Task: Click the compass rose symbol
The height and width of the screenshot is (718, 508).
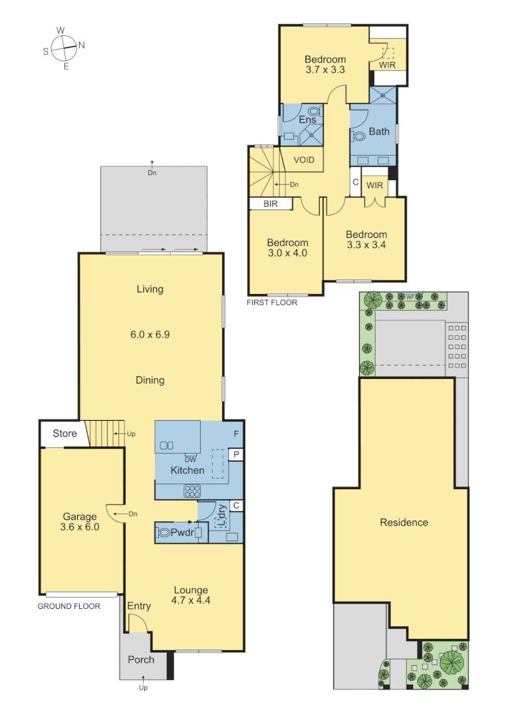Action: (x=64, y=47)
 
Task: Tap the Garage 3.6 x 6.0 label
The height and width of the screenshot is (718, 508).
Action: (x=80, y=522)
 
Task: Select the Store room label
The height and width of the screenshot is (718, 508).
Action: (x=64, y=433)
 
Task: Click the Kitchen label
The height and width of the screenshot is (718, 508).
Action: (x=188, y=470)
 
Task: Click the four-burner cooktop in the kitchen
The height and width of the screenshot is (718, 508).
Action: (x=192, y=492)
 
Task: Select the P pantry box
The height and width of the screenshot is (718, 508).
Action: (x=235, y=454)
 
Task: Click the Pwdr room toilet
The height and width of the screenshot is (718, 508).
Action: (x=164, y=533)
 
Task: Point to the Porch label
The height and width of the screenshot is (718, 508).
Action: (x=141, y=659)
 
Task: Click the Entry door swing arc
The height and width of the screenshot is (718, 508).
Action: (x=137, y=622)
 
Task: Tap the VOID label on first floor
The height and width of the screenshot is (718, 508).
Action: (x=304, y=160)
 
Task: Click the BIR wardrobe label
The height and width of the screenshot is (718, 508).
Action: (x=271, y=204)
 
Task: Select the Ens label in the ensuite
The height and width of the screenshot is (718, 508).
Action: (x=307, y=120)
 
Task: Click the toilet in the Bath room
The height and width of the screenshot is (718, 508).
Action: (x=359, y=136)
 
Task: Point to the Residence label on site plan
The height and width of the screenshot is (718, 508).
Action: (x=404, y=523)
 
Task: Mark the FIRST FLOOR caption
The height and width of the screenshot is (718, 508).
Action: (x=272, y=302)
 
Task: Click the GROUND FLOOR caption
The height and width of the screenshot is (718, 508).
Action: (x=68, y=606)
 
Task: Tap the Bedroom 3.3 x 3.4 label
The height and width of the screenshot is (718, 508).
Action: (x=366, y=240)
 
